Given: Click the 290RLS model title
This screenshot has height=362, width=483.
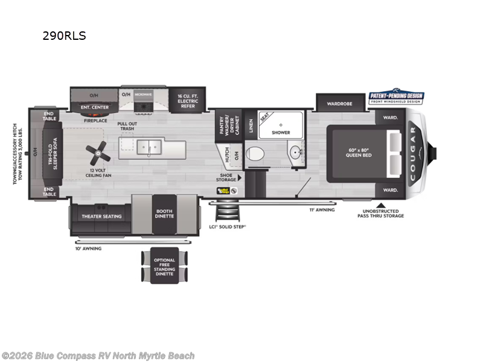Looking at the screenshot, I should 64,36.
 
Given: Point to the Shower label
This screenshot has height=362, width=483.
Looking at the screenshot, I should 281,132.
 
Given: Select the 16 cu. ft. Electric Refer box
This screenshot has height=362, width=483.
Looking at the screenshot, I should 188,100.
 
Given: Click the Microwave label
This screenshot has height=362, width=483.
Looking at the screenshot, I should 142,95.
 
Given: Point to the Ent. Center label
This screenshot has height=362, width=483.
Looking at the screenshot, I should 95,107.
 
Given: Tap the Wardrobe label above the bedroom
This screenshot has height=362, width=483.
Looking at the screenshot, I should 339,103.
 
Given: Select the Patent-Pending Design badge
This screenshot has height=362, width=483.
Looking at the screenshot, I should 396,98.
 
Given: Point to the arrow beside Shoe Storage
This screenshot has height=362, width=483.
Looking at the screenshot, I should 240,178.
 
